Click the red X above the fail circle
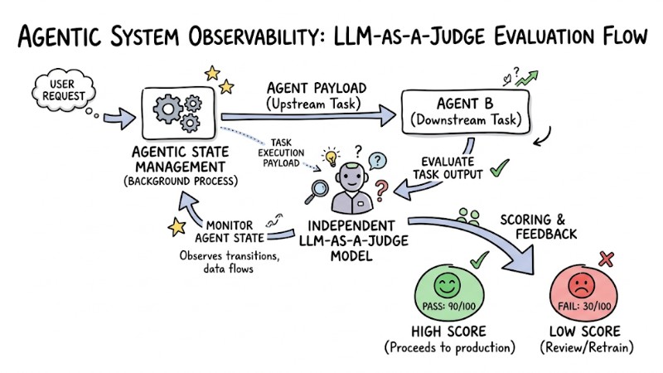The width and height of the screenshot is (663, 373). click(606, 259)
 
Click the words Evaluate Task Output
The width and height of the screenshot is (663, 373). click(448, 168)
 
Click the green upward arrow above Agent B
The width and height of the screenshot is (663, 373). click(525, 78)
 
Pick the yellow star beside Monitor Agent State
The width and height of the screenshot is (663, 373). click(175, 225)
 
